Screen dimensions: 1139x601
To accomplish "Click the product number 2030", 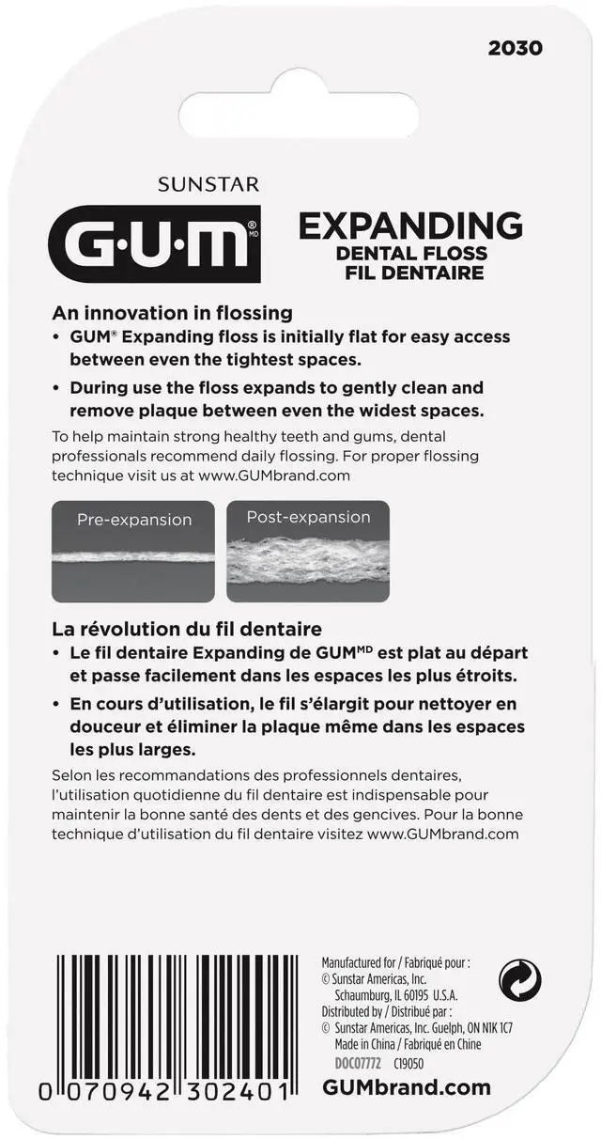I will [515, 48].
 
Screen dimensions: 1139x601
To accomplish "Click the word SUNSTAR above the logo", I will [208, 185].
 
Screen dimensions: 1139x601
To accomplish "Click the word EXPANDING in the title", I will [410, 226].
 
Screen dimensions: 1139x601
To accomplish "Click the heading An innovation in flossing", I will [173, 313].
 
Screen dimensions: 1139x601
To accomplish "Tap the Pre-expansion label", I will [134, 520].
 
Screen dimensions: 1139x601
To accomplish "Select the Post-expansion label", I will [308, 518].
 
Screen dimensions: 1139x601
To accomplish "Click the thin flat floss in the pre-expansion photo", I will [133, 557].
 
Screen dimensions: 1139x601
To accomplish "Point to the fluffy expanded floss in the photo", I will [308, 560].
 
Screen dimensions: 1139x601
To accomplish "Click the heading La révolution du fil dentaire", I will [187, 629].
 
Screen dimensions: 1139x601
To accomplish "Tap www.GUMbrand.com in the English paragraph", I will [274, 476].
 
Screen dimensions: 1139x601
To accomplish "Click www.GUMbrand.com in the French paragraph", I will [442, 834].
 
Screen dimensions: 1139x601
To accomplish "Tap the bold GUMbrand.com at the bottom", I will [407, 1087].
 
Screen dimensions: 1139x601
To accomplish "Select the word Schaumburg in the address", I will [365, 995].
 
